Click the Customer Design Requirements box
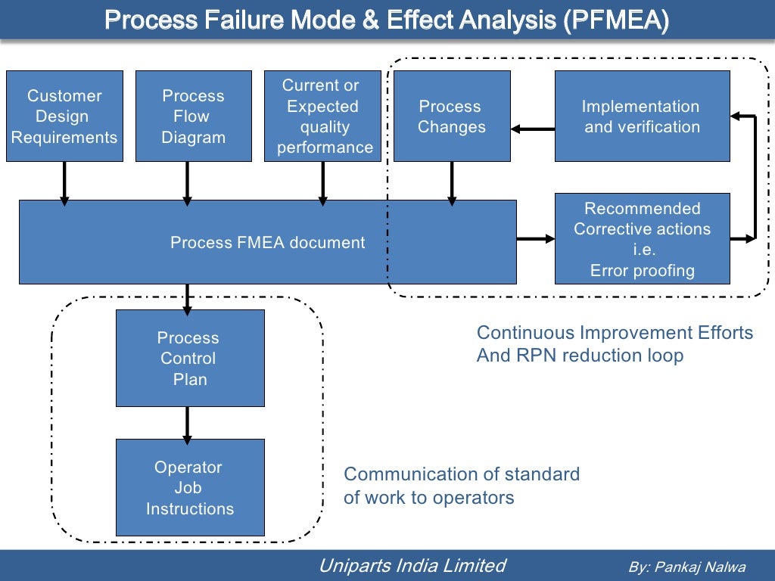pos(64,116)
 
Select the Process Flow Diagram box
pos(194,116)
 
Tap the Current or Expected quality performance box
pos(323,116)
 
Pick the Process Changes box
pos(452,116)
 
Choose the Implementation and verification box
pos(642,116)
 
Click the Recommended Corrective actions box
pos(642,238)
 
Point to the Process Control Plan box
pos(189,358)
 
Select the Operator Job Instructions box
pos(189,487)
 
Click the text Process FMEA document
pos(267,243)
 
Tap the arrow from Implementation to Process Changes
pos(532,129)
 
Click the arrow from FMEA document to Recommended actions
pos(536,239)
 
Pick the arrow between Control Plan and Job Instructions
pos(187,424)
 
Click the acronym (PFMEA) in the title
pos(615,20)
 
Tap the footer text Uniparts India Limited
pos(412,565)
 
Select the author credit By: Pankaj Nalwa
pos(686,567)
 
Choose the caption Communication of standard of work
pos(461,486)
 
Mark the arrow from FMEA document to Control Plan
pos(187,297)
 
